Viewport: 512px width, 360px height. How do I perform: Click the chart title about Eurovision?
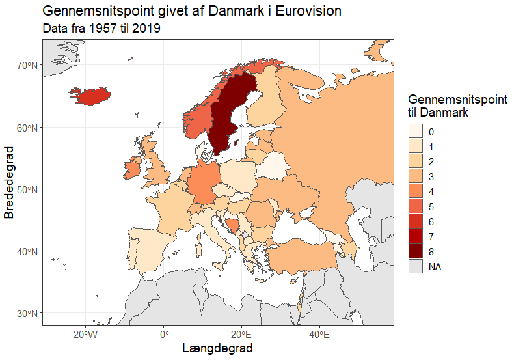[x=192, y=11]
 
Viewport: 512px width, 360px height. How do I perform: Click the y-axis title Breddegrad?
[x=9, y=182]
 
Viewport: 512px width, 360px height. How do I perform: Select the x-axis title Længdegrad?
[x=218, y=348]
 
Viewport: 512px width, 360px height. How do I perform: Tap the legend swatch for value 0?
[x=416, y=132]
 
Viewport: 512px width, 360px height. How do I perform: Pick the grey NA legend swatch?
[x=416, y=267]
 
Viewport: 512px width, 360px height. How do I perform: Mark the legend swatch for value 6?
[x=416, y=222]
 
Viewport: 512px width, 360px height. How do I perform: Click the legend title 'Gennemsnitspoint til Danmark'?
[x=457, y=105]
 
